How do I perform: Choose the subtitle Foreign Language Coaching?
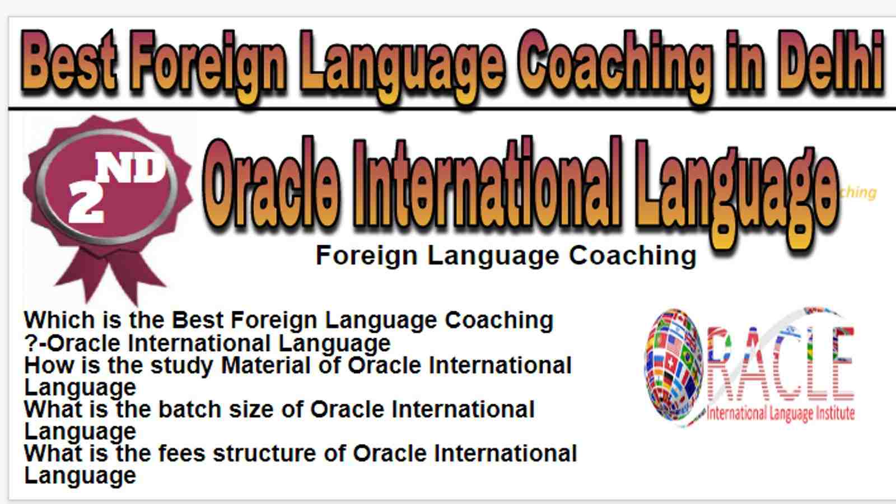(506, 255)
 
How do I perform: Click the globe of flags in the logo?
(674, 365)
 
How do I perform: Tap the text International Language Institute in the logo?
(781, 413)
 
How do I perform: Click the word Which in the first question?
(60, 320)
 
